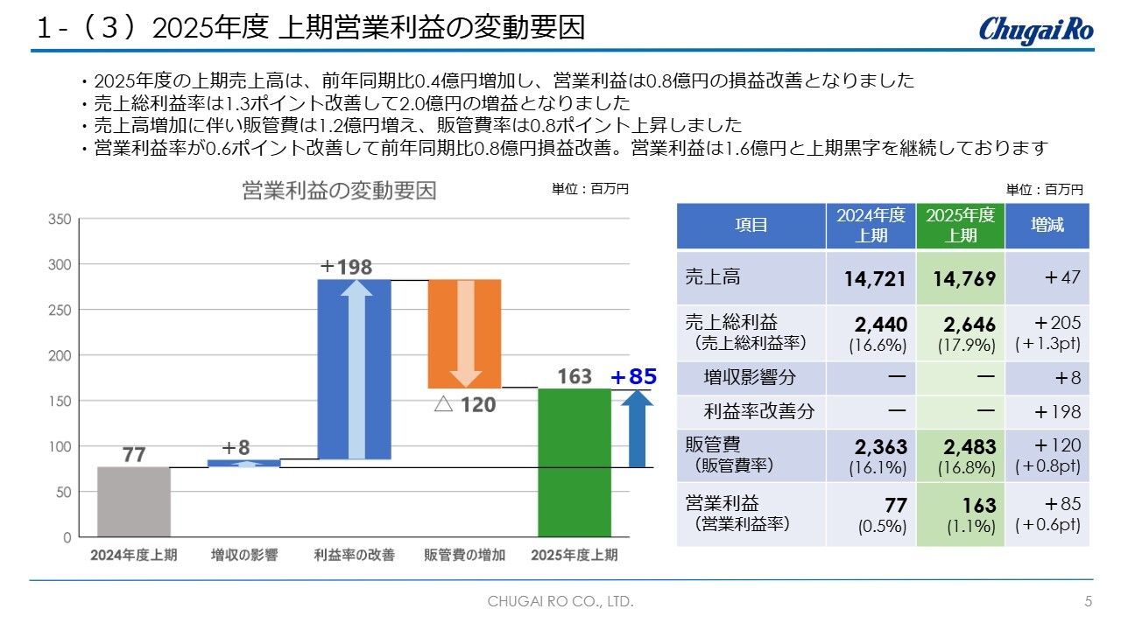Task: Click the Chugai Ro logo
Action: point(1036,29)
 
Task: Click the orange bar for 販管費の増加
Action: point(464,333)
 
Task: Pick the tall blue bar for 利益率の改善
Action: point(354,368)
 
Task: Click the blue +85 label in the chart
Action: point(633,377)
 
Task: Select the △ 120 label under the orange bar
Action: point(465,404)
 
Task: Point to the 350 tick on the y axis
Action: point(60,219)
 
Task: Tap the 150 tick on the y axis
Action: point(60,401)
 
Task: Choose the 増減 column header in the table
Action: point(1047,225)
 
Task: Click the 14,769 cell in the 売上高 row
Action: point(960,279)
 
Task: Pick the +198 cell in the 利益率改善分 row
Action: point(1047,412)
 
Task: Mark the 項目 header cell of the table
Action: point(751,225)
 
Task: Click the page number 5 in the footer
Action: point(1089,602)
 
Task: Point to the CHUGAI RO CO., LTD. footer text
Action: point(560,602)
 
